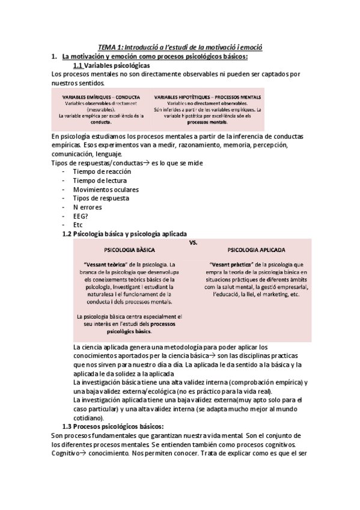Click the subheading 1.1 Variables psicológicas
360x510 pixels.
pyautogui.click(x=111, y=65)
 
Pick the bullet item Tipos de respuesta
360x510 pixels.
pyautogui.click(x=100, y=198)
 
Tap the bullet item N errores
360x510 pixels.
pyautogui.click(x=87, y=207)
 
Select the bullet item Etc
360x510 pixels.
pyautogui.click(x=78, y=225)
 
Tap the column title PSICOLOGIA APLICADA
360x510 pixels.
pyautogui.click(x=256, y=249)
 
